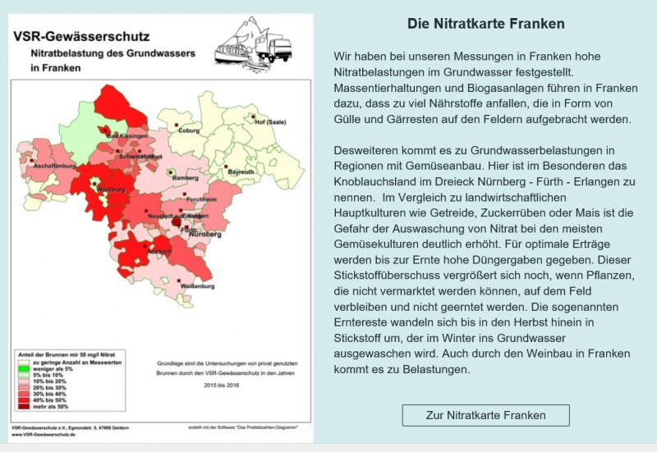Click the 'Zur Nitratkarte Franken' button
pyautogui.click(x=485, y=415)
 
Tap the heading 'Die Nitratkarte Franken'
pyautogui.click(x=486, y=24)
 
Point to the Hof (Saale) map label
pyautogui.click(x=270, y=122)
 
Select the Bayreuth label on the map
pyautogui.click(x=241, y=172)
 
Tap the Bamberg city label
pyautogui.click(x=185, y=178)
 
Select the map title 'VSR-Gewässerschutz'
pyautogui.click(x=80, y=36)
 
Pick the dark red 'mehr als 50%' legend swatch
pyautogui.click(x=23, y=407)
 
